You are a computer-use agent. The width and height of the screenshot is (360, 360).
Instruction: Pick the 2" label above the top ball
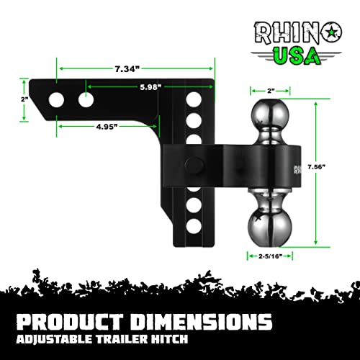click(x=271, y=91)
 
